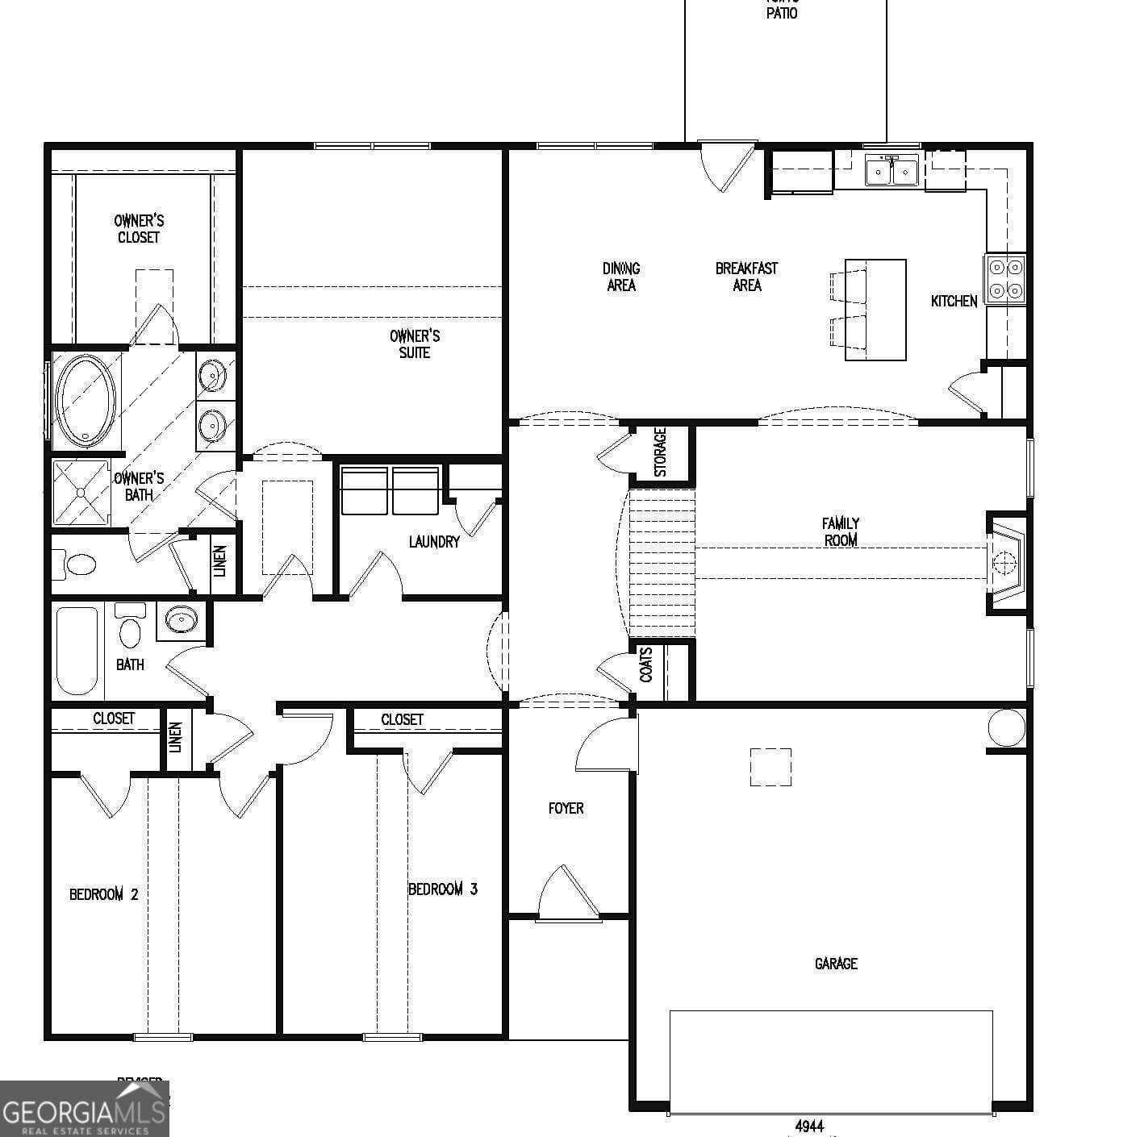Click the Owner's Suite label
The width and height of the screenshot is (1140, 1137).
415,344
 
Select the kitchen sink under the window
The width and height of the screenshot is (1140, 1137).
892,171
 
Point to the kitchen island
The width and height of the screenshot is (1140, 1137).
875,310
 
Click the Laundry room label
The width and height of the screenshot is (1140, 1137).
434,542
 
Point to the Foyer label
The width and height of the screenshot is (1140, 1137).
566,808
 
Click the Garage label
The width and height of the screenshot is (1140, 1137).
836,964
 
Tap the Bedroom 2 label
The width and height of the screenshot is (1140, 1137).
104,894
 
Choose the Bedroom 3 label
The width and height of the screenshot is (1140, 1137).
443,889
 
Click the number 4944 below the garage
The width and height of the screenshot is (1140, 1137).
809,1126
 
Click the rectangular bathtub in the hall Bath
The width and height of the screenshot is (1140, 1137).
77,650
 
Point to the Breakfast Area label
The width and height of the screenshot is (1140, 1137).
747,277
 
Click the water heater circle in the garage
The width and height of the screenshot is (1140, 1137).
1006,728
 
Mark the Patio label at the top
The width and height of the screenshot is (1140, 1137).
782,11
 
